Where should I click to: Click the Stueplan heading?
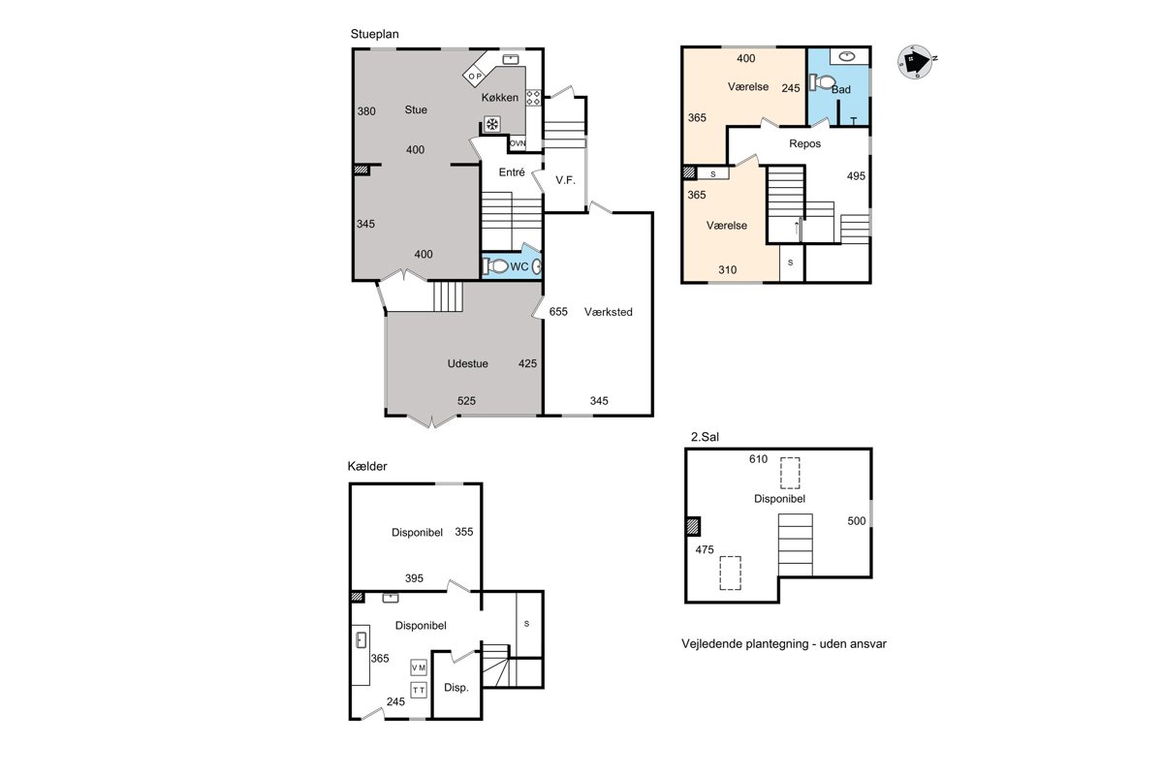point(374,34)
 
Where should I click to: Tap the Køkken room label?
point(499,98)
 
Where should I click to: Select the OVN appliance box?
point(518,143)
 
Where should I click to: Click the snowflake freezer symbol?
point(492,124)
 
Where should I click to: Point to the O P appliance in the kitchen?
point(475,76)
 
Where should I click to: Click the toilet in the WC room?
point(495,266)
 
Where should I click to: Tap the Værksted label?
point(608,312)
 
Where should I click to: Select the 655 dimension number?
point(558,312)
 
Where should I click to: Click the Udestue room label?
point(467,363)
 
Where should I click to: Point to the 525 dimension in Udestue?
point(466,401)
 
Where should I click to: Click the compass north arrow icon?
point(916,62)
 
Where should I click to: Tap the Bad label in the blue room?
point(841,89)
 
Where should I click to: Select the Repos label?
point(804,143)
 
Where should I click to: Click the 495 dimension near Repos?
point(856,176)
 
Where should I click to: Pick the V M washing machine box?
point(419,667)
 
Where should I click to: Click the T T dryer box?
point(419,690)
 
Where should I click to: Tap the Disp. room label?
point(456,688)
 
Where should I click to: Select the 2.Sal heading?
point(705,437)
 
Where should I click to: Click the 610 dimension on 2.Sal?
point(758,459)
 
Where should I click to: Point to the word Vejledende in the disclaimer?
point(711,644)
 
